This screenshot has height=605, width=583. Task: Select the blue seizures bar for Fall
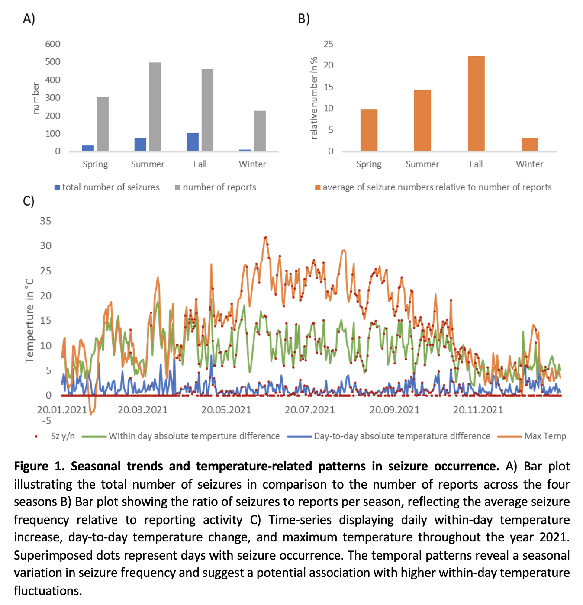[x=193, y=142]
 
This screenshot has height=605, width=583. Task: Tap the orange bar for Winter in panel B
[x=530, y=145]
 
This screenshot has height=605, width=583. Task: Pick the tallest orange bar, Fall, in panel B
[x=476, y=104]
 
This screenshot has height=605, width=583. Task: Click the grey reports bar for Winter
[x=260, y=131]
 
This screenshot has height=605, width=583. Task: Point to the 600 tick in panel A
[x=53, y=44]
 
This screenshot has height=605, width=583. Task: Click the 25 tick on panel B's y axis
[x=329, y=44]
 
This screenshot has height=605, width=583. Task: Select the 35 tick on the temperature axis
[x=45, y=221]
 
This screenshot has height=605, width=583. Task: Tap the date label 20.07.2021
[x=309, y=410]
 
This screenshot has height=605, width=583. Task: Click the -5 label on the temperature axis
[x=47, y=420]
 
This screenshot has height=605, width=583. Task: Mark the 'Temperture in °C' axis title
[x=29, y=320]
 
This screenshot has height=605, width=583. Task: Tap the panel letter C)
[x=29, y=201]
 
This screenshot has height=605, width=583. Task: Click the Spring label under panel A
[x=95, y=164]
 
